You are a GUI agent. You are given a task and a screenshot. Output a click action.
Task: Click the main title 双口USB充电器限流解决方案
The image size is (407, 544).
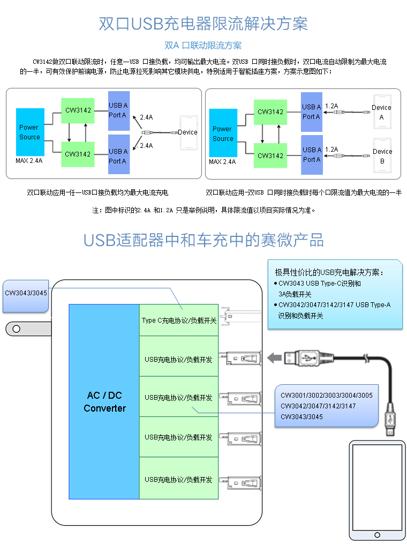click(x=204, y=24)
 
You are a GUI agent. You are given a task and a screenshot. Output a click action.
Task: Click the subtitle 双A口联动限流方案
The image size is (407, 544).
click(x=203, y=46)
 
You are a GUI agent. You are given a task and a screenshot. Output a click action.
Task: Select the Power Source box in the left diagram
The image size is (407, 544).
click(x=30, y=132)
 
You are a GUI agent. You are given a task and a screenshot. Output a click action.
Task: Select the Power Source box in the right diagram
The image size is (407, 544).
click(x=223, y=133)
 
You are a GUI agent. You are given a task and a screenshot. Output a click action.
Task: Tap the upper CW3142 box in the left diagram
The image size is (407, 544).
click(x=78, y=110)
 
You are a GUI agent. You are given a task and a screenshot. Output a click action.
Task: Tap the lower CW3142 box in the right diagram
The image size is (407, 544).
click(x=270, y=155)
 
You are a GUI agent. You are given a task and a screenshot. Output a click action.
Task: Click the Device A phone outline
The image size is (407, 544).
click(x=382, y=112)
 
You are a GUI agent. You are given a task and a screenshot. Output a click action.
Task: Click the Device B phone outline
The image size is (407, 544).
click(x=382, y=156)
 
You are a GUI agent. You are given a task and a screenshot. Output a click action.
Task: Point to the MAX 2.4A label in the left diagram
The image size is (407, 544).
click(x=29, y=161)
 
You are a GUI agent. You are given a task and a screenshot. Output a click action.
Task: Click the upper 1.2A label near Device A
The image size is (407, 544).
click(x=331, y=106)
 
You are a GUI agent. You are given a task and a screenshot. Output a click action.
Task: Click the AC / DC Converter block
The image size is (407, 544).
click(x=104, y=402)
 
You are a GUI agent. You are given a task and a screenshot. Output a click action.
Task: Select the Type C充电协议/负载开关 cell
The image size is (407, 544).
click(x=179, y=321)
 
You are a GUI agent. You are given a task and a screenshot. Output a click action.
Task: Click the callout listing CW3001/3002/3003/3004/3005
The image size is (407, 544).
click(x=326, y=406)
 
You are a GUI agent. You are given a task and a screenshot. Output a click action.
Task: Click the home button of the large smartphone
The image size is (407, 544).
click(x=378, y=534)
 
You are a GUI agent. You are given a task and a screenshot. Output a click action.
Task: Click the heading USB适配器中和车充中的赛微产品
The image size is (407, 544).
click(x=204, y=240)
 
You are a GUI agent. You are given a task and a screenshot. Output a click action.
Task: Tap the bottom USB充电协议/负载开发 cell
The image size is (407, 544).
click(x=179, y=479)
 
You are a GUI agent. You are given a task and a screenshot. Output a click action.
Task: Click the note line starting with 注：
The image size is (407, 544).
click(x=204, y=210)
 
